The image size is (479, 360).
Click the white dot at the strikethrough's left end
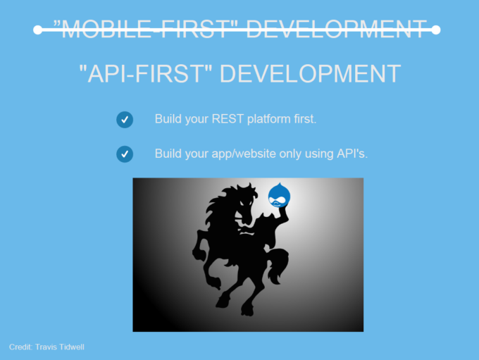tap(37, 30)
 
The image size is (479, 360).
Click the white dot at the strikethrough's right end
tap(436, 30)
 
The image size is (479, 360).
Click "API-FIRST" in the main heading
tap(145, 74)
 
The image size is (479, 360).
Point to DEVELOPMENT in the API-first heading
tap(310, 74)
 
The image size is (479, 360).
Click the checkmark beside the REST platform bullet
tap(125, 120)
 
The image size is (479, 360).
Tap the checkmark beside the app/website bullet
tap(125, 154)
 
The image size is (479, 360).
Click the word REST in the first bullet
tap(228, 119)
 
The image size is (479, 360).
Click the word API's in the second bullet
tap(352, 154)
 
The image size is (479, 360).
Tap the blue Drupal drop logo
tap(279, 195)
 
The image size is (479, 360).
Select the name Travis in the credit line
tap(46, 347)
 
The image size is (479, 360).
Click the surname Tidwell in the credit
tap(72, 347)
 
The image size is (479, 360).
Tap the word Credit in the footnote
tap(20, 347)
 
